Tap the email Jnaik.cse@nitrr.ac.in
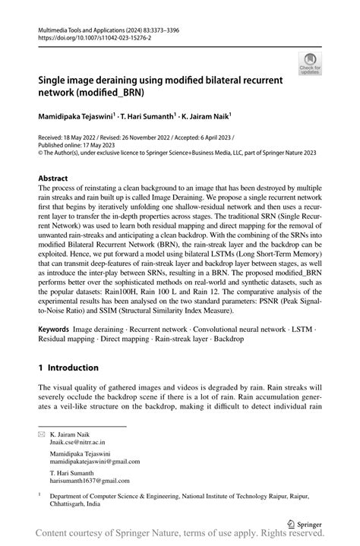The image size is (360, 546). pos(77,440)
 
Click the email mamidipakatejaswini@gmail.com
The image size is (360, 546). pos(95,460)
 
